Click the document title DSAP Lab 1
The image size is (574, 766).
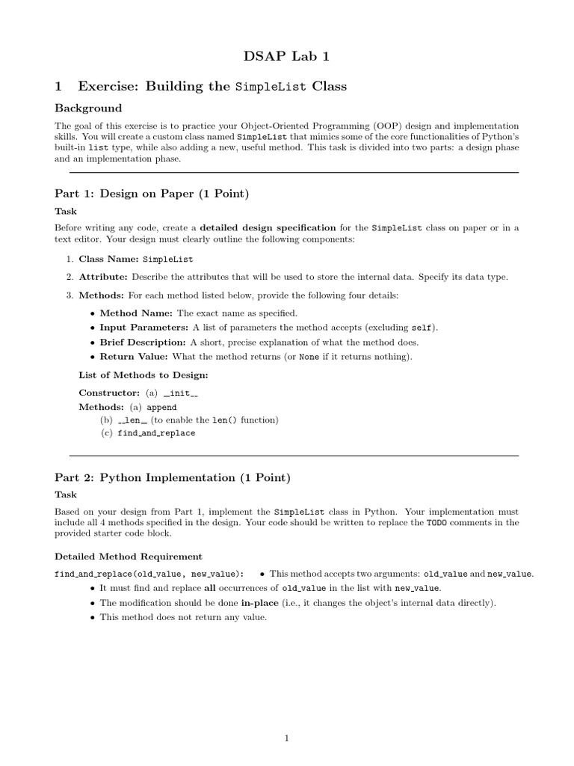[286, 56]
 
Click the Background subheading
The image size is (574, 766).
[88, 108]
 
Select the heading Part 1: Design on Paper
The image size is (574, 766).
[152, 194]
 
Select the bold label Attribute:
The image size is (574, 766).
[103, 277]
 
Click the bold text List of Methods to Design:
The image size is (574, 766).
[143, 375]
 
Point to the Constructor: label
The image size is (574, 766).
[109, 393]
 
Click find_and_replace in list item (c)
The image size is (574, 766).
[156, 433]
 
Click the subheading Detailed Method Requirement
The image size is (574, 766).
[129, 556]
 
